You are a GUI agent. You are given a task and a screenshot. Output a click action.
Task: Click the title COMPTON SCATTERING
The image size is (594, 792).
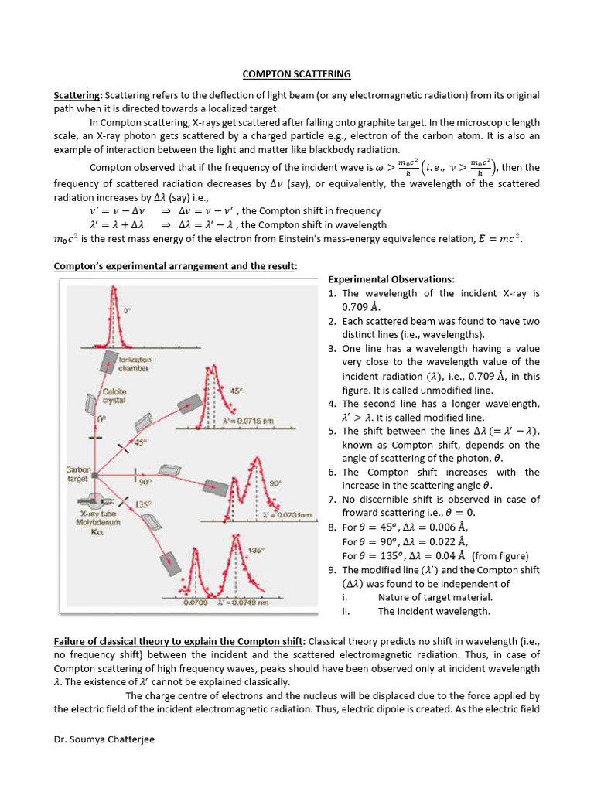(296, 74)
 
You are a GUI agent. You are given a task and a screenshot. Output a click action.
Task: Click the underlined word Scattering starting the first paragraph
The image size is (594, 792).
(77, 95)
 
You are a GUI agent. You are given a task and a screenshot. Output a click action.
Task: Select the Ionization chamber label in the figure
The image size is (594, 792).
(134, 364)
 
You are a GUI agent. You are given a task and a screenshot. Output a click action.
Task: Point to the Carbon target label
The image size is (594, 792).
(78, 473)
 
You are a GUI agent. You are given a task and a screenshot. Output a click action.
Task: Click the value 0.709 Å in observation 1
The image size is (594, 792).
(361, 307)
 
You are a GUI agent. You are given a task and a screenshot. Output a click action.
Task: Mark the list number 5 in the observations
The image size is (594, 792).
(332, 431)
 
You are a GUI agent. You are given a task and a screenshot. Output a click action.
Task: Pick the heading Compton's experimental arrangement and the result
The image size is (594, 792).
(175, 267)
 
